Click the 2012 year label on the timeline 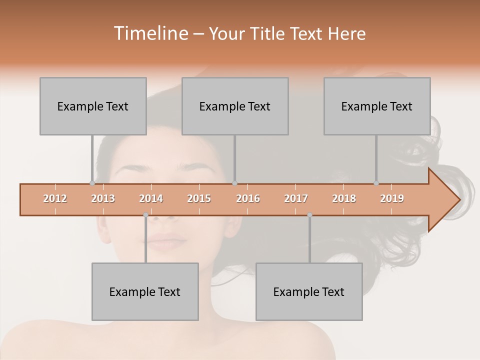pos(55,198)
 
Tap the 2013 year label pos(103,198)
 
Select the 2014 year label pos(151,198)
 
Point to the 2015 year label pos(199,198)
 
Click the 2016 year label pos(248,198)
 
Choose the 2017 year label pos(296,198)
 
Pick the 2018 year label pos(344,198)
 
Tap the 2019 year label pos(392,198)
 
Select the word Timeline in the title pos(150,33)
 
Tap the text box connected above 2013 pos(93,106)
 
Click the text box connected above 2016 pos(235,106)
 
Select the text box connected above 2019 pos(377,106)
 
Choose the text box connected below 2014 pos(145,291)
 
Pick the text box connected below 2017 pos(309,291)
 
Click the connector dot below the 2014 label pos(145,215)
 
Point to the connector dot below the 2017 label pos(309,215)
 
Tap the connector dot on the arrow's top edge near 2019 pos(376,183)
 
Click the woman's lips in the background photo pos(166,242)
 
